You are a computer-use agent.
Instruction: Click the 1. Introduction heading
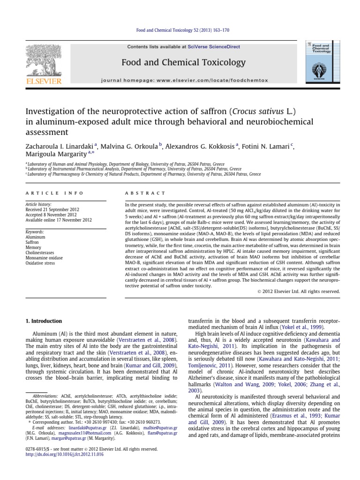coord(43,321)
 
